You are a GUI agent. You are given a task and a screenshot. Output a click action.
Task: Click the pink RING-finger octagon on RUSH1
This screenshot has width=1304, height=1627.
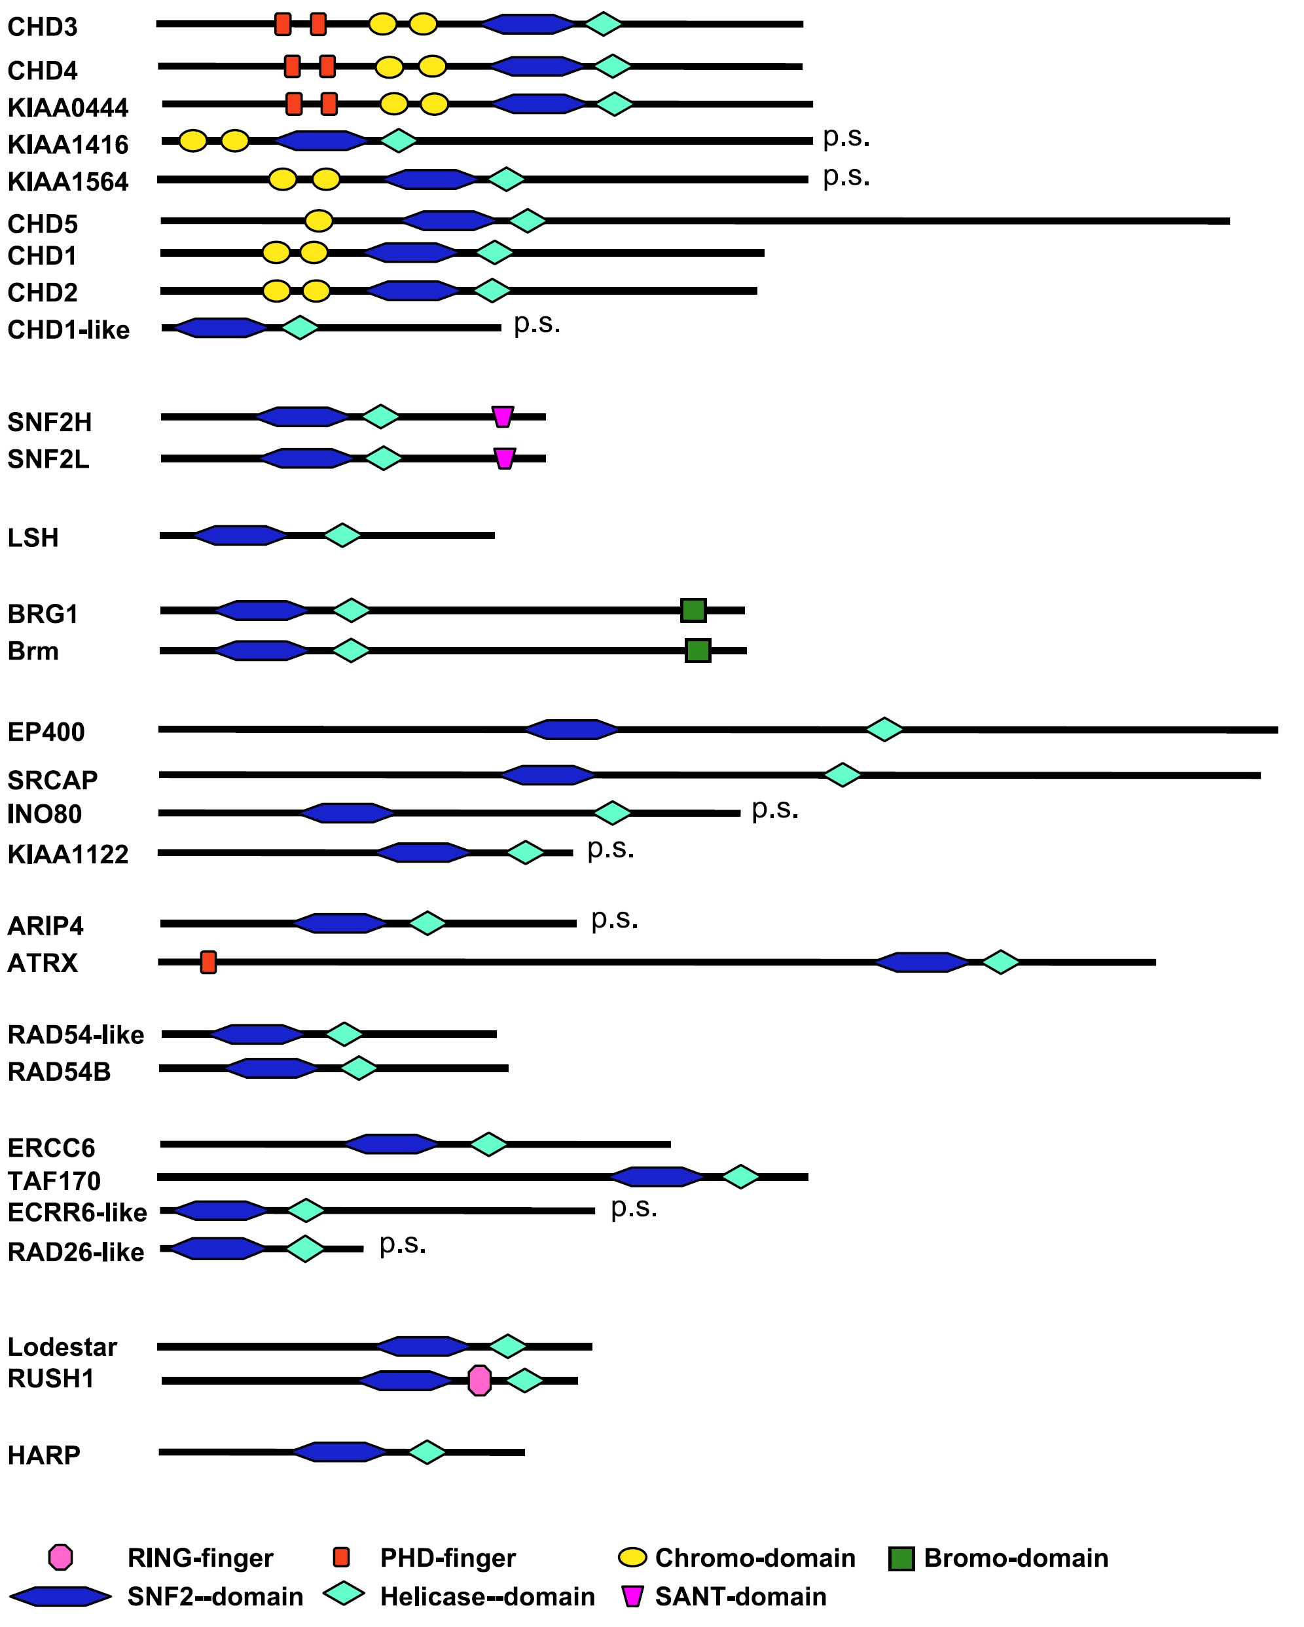point(479,1380)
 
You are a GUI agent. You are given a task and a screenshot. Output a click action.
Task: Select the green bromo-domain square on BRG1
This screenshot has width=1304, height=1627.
point(693,610)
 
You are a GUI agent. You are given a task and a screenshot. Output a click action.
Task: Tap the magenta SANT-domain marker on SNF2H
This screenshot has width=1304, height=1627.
point(502,417)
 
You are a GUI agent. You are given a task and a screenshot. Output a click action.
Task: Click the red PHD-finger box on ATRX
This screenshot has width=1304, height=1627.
point(208,962)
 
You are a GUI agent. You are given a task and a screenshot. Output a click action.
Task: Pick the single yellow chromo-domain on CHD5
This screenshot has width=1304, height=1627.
point(319,221)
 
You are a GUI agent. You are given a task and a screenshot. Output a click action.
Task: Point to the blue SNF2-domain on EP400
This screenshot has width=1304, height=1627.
point(571,730)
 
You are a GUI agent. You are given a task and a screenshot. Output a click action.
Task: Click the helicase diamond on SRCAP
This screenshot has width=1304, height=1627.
point(842,775)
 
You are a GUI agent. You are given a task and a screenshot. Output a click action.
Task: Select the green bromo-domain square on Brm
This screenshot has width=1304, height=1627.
point(698,650)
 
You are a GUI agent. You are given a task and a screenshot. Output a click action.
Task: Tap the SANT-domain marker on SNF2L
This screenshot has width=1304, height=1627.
point(505,458)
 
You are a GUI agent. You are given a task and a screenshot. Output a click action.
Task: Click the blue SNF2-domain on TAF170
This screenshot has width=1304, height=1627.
point(656,1176)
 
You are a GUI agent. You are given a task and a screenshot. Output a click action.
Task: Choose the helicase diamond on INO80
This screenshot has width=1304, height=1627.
point(613,813)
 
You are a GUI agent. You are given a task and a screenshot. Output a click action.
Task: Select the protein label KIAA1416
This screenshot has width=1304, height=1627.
point(68,144)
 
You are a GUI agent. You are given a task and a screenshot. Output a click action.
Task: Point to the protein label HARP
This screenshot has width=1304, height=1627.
point(44,1454)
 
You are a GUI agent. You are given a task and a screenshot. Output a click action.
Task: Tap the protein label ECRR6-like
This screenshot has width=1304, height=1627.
point(77,1212)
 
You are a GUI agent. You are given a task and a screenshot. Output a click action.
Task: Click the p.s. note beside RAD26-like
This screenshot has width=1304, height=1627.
point(403,1244)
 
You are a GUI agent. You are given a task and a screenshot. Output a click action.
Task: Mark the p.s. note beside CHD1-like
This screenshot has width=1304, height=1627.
point(537,324)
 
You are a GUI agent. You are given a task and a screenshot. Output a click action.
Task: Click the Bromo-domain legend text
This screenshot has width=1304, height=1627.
point(1016,1558)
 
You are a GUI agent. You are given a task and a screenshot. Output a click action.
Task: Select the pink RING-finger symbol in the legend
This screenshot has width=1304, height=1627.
point(60,1557)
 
